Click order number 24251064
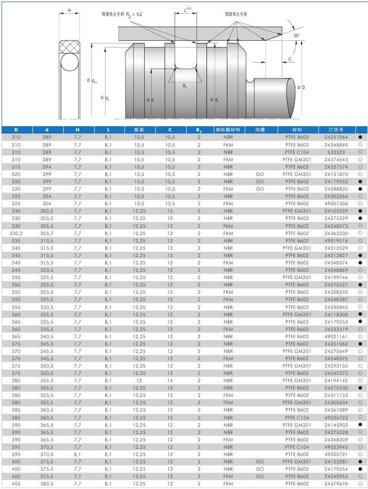pos(336,137)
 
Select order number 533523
pos(336,152)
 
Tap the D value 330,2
pos(16,233)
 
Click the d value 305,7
pos(47,233)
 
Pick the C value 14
pos(170,381)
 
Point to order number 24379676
pos(336,484)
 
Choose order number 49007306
pos(336,204)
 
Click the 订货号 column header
pos(336,129)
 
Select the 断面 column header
pos(139,129)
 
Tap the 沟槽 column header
pos(260,129)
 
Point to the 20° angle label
pos(296,35)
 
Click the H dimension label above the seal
pos(70,10)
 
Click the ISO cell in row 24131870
pos(260,174)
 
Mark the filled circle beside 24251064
pos(360,137)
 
